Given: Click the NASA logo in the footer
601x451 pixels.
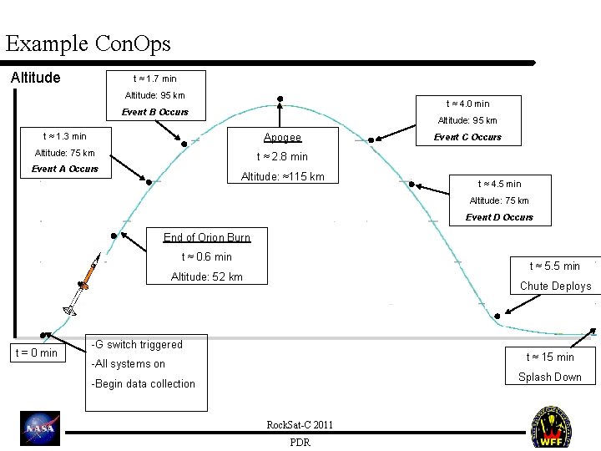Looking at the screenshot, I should click(x=40, y=429).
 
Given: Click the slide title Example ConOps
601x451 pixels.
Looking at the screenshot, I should click(x=88, y=43).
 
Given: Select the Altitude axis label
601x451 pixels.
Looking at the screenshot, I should click(x=35, y=78).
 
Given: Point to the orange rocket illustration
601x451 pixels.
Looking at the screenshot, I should click(x=86, y=275).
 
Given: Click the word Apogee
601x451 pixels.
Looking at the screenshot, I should click(x=282, y=137).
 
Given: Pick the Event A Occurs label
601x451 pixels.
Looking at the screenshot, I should click(x=65, y=169).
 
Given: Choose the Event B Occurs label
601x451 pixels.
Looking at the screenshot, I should click(x=155, y=112).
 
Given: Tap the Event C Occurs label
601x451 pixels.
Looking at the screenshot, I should click(x=468, y=137).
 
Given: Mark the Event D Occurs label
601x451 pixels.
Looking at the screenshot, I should click(x=499, y=217).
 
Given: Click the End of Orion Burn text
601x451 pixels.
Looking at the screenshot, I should click(x=207, y=237).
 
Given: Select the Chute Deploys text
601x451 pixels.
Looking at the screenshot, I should click(x=555, y=286).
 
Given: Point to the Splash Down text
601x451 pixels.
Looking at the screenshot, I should click(x=549, y=377).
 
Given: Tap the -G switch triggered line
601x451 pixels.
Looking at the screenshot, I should click(x=137, y=344).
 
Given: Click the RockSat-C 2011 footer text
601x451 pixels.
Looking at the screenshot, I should click(x=300, y=425).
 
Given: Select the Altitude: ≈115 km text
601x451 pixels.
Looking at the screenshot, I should click(x=282, y=176).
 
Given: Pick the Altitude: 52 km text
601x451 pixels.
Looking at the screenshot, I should click(x=207, y=276).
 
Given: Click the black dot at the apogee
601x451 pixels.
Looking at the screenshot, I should click(x=280, y=98).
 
